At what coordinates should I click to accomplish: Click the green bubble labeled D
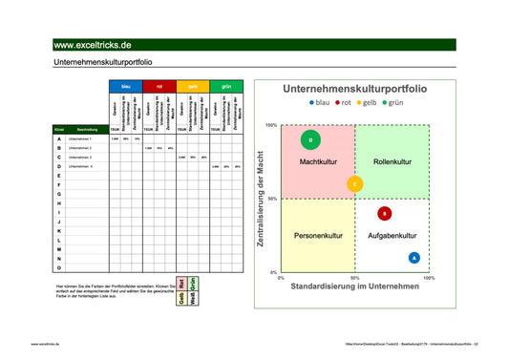(x=310, y=140)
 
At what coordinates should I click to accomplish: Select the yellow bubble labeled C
(x=354, y=184)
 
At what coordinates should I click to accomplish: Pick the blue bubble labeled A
(x=414, y=258)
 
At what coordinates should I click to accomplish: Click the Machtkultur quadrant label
(x=317, y=162)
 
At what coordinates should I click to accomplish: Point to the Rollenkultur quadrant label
(x=392, y=162)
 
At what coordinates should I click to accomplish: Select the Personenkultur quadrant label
(x=317, y=235)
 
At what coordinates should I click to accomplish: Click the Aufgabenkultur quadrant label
(x=392, y=235)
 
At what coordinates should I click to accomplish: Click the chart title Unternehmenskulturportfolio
(x=354, y=89)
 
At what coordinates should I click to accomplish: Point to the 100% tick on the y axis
(x=271, y=125)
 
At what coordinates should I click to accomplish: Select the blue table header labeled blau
(x=126, y=86)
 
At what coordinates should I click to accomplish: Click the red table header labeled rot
(x=159, y=86)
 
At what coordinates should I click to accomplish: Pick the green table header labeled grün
(x=226, y=86)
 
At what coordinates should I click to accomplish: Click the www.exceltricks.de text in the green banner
(x=93, y=45)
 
